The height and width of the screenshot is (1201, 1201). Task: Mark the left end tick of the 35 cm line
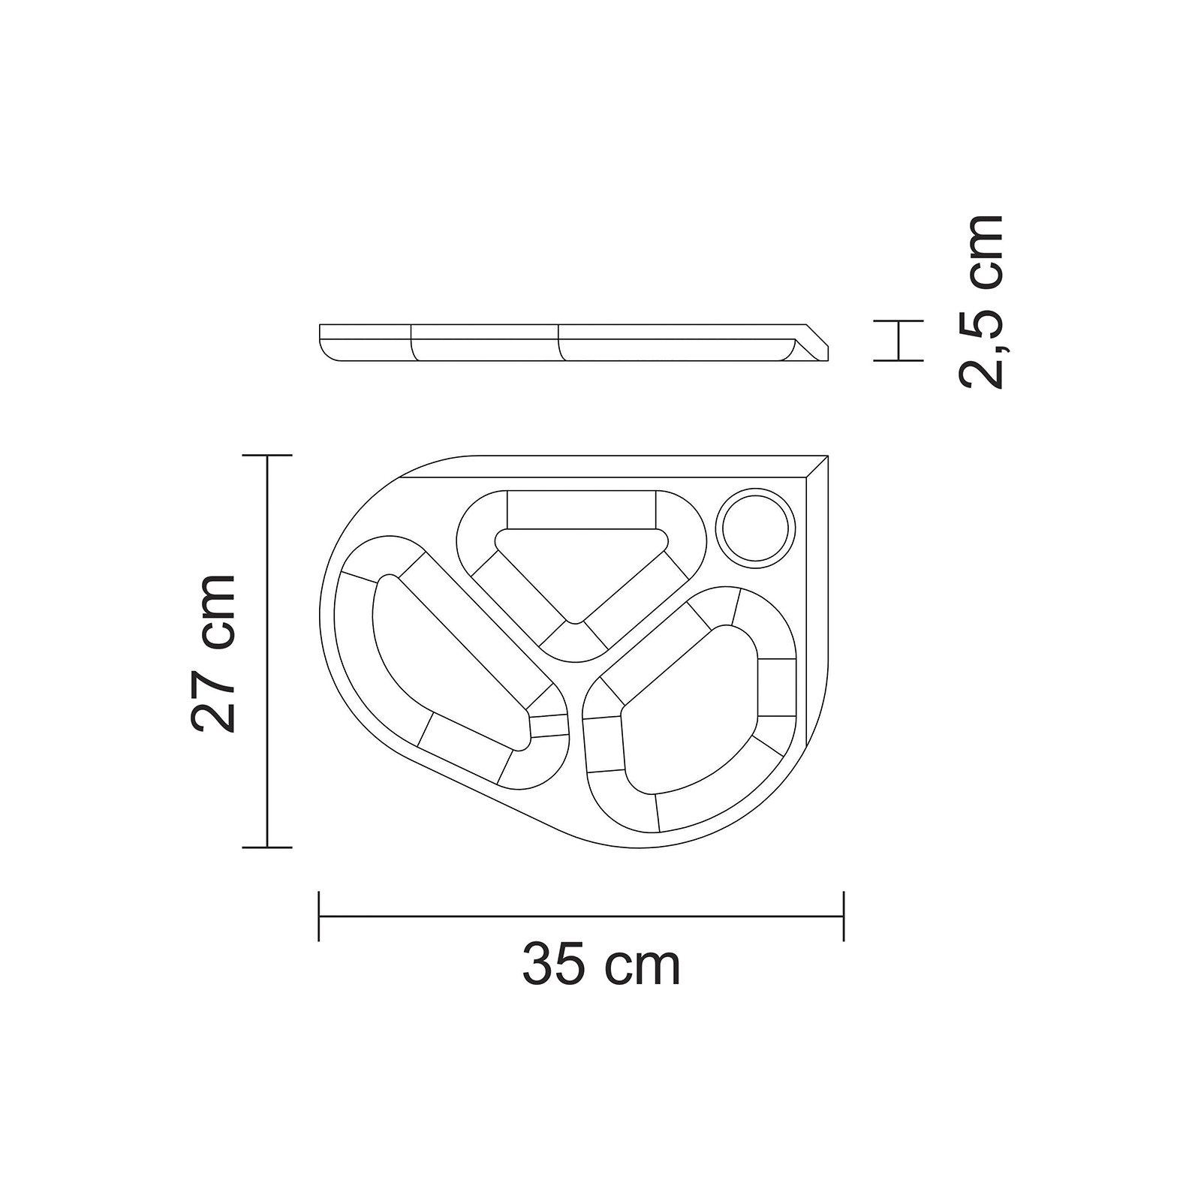[x=320, y=915]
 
